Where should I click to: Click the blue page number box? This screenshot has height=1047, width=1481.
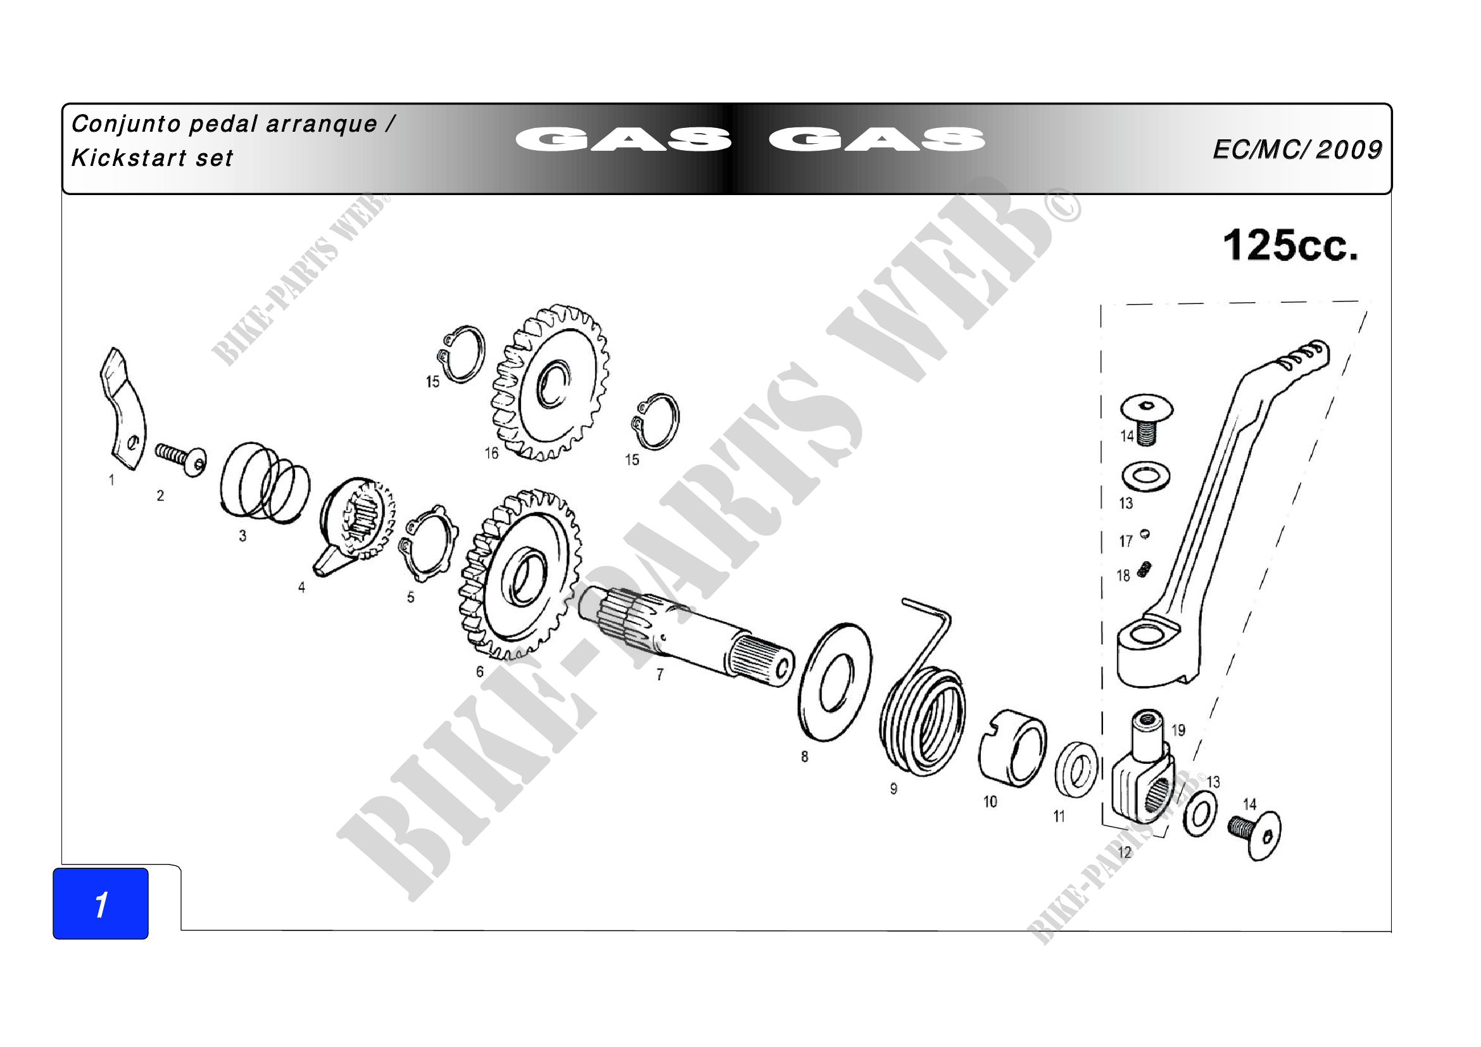[x=101, y=903]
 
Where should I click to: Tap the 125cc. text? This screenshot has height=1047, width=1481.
[x=1290, y=246]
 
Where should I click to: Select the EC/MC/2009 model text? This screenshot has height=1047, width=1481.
[x=1297, y=149]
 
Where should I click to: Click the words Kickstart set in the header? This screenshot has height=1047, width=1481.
[x=152, y=158]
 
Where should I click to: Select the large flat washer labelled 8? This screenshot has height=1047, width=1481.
[x=835, y=682]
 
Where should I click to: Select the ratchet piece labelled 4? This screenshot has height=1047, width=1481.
[x=355, y=526]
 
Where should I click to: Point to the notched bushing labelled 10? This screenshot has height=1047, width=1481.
[x=1012, y=748]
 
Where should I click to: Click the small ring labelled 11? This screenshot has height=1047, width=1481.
[x=1076, y=770]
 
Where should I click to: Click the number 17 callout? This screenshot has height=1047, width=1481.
[x=1126, y=542]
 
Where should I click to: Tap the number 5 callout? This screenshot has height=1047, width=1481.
[x=410, y=597]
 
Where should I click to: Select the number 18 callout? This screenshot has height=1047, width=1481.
[x=1123, y=575]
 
